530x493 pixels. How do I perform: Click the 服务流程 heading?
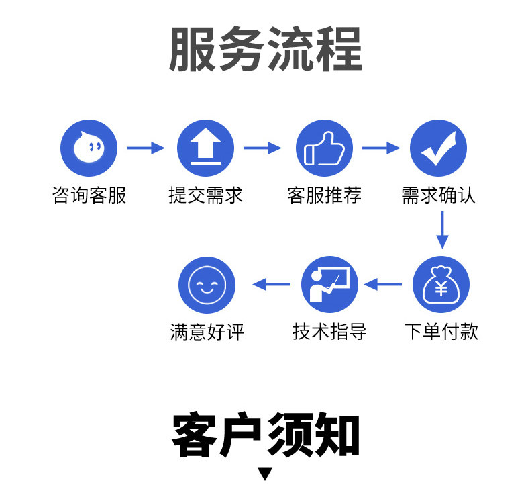(x=265, y=50)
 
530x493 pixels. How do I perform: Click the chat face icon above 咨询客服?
(x=89, y=148)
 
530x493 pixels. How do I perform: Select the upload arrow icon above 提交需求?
(x=205, y=148)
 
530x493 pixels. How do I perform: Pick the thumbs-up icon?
(x=324, y=148)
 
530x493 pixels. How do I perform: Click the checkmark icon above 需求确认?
(x=438, y=148)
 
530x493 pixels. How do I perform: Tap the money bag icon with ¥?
(x=441, y=285)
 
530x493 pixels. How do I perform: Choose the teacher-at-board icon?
(x=329, y=285)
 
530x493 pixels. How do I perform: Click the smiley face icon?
(x=207, y=285)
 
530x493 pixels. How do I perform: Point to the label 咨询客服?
(x=89, y=195)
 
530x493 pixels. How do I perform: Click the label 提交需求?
(x=205, y=195)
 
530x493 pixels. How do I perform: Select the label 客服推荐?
(x=324, y=195)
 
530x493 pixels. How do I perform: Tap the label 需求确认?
(x=438, y=195)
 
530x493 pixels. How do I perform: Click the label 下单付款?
(x=441, y=332)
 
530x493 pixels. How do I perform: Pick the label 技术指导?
(x=329, y=332)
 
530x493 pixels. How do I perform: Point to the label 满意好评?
(x=207, y=332)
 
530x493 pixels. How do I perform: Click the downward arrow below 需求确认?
(x=441, y=230)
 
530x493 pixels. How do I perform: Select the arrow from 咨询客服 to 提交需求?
(x=146, y=148)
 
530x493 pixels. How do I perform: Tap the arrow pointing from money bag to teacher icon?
(x=383, y=285)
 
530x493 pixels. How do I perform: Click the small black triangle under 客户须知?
(x=266, y=474)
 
